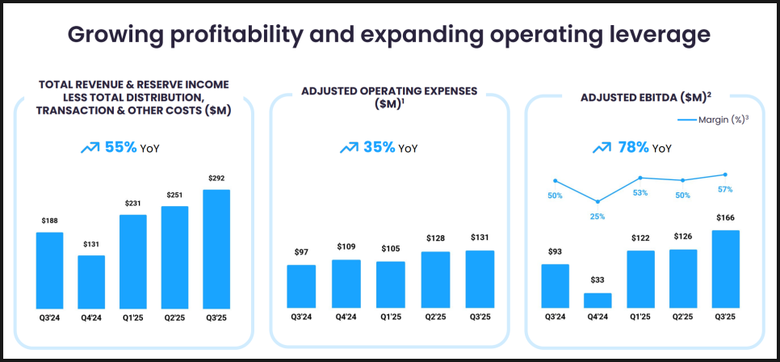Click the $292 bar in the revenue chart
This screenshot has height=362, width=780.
point(216,248)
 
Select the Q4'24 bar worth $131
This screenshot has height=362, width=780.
point(91,281)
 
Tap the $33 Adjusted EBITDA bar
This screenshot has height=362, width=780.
point(598,300)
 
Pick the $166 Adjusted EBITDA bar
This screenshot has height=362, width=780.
point(725,268)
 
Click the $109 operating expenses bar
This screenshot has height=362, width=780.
point(346,283)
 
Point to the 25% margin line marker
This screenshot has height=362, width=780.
point(598,202)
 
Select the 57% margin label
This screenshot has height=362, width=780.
point(725,190)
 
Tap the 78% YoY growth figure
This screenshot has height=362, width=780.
point(632,148)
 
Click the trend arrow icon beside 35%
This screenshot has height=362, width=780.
point(349,148)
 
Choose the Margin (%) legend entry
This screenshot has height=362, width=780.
point(711,120)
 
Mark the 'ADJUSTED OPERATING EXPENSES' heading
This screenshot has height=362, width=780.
point(389,91)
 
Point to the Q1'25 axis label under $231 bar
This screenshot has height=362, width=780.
point(133,318)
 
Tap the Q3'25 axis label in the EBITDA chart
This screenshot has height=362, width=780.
point(725,318)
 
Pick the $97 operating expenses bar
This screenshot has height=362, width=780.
point(301,286)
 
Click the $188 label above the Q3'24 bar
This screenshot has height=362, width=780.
point(49,220)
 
